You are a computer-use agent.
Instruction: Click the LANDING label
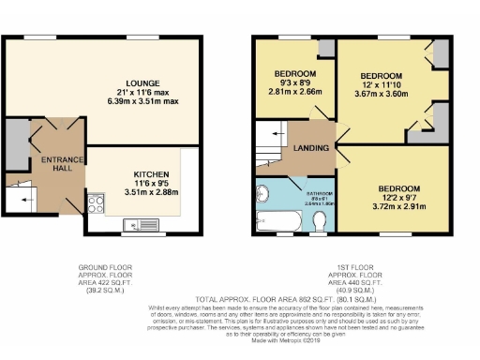point(310,148)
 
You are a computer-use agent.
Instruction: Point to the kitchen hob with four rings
point(96,200)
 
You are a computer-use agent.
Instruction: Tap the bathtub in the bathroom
point(279,222)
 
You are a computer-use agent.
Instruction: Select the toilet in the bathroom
point(320,221)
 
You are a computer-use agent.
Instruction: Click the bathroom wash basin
point(263,195)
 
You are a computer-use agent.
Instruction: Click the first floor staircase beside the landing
point(270,144)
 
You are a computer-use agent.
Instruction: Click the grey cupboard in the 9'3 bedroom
point(324,49)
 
